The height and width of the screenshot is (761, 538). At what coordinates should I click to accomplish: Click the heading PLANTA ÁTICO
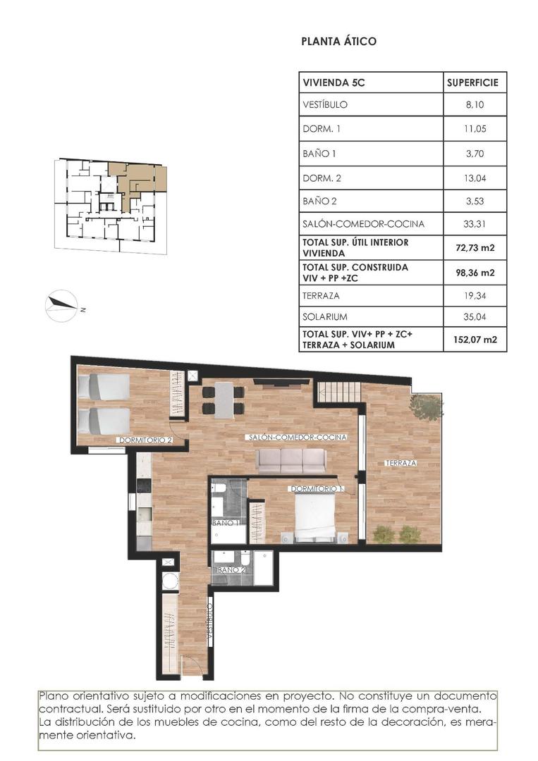pyautogui.click(x=338, y=42)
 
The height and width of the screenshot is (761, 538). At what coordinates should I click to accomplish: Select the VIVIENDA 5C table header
pyautogui.click(x=334, y=82)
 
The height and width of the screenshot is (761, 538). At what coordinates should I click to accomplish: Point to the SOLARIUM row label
pyautogui.click(x=324, y=317)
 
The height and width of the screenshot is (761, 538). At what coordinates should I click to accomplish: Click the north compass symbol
pyautogui.click(x=62, y=305)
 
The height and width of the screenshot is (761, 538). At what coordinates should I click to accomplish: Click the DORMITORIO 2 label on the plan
pyautogui.click(x=146, y=440)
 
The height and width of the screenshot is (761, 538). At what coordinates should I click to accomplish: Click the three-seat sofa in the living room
pyautogui.click(x=291, y=461)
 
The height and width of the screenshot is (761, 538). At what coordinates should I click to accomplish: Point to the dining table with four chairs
pyautogui.click(x=224, y=400)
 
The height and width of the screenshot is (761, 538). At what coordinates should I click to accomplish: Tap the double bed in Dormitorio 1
pyautogui.click(x=314, y=518)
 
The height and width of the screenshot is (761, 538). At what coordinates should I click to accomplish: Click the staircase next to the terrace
pyautogui.click(x=338, y=392)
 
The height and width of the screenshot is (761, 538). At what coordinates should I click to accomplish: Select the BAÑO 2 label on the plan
pyautogui.click(x=231, y=569)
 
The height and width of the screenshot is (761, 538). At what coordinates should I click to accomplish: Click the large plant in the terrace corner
pyautogui.click(x=427, y=407)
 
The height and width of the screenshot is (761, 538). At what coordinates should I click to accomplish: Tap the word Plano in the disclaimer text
pyautogui.click(x=54, y=696)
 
